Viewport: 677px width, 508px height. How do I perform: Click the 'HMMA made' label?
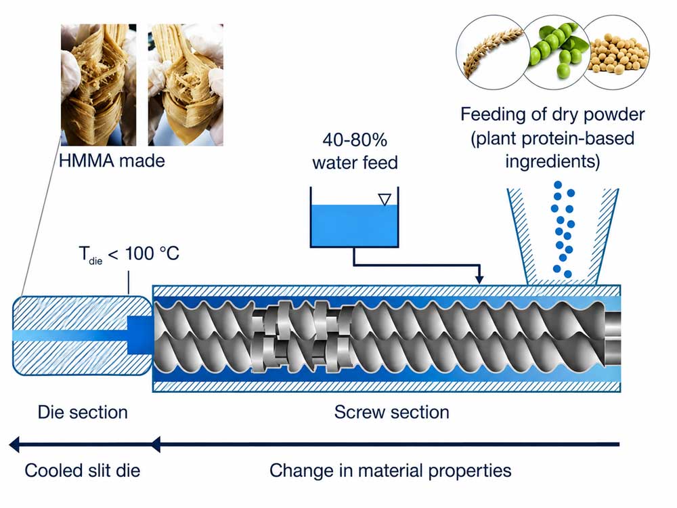(x=112, y=161)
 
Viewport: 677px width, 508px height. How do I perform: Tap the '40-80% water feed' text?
(x=355, y=151)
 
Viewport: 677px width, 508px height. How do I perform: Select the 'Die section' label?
(x=83, y=412)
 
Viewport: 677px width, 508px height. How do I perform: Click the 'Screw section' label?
(x=391, y=412)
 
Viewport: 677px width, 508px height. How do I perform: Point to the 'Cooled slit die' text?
(x=83, y=471)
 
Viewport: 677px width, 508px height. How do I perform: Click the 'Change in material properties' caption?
(x=391, y=471)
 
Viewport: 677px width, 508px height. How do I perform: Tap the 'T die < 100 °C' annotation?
(x=129, y=254)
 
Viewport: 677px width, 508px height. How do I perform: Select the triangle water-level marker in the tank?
(x=385, y=200)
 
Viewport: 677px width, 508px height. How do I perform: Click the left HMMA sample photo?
(x=98, y=85)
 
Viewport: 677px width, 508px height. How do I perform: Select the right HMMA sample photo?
(x=185, y=85)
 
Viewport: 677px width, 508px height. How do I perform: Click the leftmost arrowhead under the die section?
(x=14, y=444)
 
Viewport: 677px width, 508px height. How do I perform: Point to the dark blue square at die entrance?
(x=139, y=335)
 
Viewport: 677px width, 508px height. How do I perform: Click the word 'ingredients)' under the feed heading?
(x=552, y=162)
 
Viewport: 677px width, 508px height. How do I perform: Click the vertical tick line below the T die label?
(x=129, y=283)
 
